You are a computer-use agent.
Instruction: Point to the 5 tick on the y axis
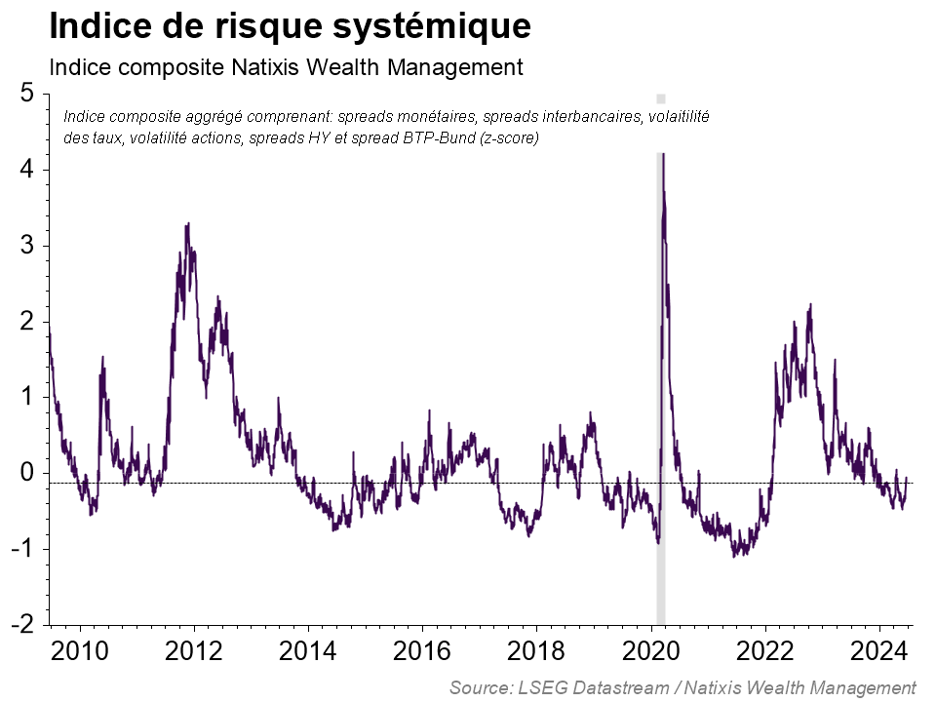click(x=27, y=94)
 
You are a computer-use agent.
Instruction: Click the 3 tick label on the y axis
click(x=27, y=246)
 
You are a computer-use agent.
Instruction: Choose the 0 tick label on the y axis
click(x=27, y=473)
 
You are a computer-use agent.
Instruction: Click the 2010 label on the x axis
click(x=78, y=651)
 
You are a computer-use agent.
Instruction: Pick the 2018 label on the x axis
click(x=536, y=651)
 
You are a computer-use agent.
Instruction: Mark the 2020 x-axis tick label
click(x=650, y=651)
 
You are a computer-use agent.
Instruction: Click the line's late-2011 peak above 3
click(x=187, y=224)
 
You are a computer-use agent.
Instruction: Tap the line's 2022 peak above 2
click(x=810, y=305)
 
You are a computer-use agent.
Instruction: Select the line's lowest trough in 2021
click(x=734, y=556)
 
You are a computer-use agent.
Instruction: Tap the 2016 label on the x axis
click(x=422, y=651)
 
